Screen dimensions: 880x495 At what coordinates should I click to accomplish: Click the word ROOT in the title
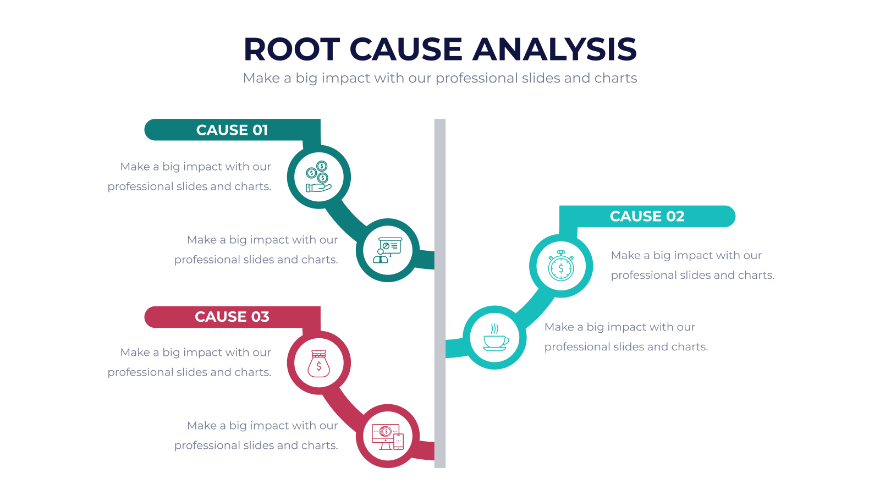pyautogui.click(x=292, y=50)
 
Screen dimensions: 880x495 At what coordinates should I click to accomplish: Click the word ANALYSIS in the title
pyautogui.click(x=554, y=50)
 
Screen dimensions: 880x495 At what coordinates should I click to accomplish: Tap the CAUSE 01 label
pyautogui.click(x=232, y=130)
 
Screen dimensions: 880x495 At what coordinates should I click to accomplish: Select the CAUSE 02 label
pyautogui.click(x=647, y=216)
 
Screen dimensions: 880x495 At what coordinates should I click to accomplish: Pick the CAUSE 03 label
pyautogui.click(x=232, y=317)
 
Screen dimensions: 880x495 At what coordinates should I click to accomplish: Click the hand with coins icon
pyautogui.click(x=318, y=177)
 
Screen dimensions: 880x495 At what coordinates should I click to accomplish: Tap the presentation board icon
pyautogui.click(x=388, y=250)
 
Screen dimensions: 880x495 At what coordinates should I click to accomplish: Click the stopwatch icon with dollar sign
pyautogui.click(x=561, y=266)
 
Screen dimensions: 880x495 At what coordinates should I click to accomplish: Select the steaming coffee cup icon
pyautogui.click(x=495, y=338)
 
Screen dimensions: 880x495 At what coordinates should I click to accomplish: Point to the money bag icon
pyautogui.click(x=318, y=364)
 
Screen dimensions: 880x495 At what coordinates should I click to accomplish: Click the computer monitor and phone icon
pyautogui.click(x=388, y=437)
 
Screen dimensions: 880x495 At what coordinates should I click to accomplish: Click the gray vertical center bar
pyautogui.click(x=440, y=294)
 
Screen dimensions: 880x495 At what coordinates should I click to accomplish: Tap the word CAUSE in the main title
pyautogui.click(x=406, y=50)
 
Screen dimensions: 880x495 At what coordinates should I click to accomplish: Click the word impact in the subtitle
pyautogui.click(x=345, y=78)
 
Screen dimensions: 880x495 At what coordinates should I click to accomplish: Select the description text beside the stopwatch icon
pyautogui.click(x=692, y=265)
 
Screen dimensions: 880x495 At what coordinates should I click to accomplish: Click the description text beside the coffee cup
pyautogui.click(x=626, y=337)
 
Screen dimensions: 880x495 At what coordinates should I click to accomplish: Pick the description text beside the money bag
pyautogui.click(x=189, y=362)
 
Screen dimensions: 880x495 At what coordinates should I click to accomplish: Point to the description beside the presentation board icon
pyautogui.click(x=256, y=250)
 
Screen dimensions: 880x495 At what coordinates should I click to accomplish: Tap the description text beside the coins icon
pyautogui.click(x=189, y=177)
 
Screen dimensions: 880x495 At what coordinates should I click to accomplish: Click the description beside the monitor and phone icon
pyautogui.click(x=256, y=435)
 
